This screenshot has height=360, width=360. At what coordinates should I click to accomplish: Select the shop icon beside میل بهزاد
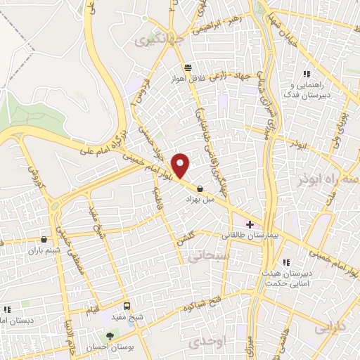click(x=202, y=188)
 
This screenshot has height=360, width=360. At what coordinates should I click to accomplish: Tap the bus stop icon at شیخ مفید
click(x=127, y=306)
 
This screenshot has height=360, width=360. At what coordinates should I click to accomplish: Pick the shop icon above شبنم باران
click(x=44, y=238)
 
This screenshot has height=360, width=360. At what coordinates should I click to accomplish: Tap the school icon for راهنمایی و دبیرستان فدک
click(x=306, y=75)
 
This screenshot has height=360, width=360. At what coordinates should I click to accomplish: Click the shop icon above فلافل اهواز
click(x=188, y=67)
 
